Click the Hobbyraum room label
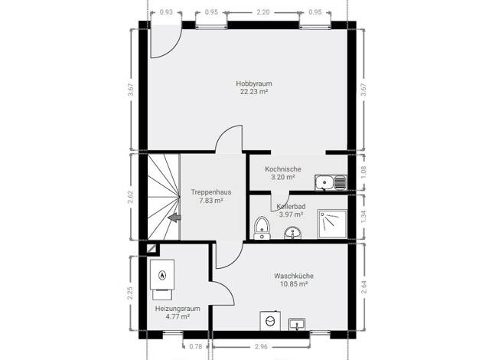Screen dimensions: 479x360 click(x=254, y=83)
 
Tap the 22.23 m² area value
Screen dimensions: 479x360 click(x=254, y=91)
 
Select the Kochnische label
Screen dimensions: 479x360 click(x=283, y=169)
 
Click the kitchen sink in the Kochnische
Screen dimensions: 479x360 click(x=331, y=182)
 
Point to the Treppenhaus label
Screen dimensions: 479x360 click(x=211, y=192)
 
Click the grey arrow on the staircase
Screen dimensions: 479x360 click(x=174, y=218)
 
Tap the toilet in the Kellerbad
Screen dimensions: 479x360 click(x=262, y=227)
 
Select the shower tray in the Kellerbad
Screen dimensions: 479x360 click(x=332, y=224)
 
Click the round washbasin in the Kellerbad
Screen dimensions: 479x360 click(x=293, y=233)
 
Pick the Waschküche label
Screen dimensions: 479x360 click(x=294, y=276)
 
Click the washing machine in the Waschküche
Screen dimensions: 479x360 click(x=270, y=321)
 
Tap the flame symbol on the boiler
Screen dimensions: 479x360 click(x=162, y=276)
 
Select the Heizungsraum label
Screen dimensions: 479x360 click(x=178, y=309)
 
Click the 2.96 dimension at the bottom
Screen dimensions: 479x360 click(x=261, y=346)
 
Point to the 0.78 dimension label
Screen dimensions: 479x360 click(x=196, y=346)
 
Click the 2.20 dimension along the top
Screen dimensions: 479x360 click(x=263, y=12)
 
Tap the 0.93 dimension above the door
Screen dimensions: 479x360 click(x=166, y=12)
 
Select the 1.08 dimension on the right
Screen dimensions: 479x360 click(x=363, y=172)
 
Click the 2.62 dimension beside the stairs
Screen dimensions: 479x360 click(x=130, y=198)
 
